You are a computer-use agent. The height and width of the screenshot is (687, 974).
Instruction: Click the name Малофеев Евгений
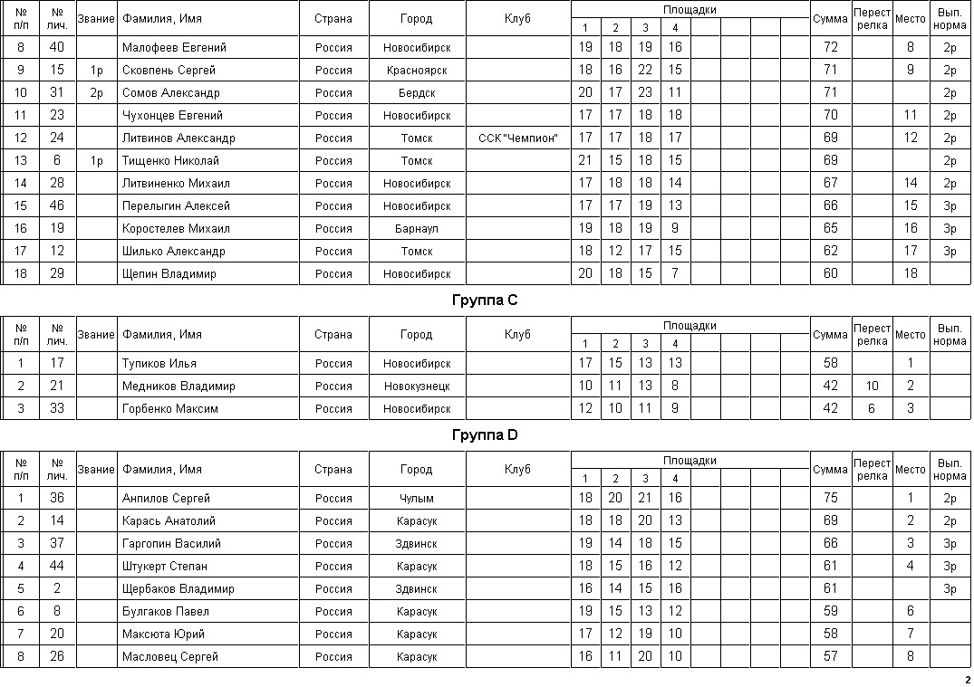[174, 47]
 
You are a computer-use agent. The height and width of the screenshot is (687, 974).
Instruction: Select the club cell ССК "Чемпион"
[517, 138]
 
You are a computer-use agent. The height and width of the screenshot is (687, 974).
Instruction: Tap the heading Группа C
[485, 300]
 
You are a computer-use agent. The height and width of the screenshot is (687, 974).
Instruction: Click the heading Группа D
[485, 435]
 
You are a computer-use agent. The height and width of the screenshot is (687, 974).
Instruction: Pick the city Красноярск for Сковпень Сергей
[417, 70]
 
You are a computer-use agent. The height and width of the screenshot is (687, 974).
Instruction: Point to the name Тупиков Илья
[159, 363]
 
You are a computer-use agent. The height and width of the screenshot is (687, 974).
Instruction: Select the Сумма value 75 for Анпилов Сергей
[830, 498]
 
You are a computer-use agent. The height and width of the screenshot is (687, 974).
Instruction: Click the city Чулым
[417, 498]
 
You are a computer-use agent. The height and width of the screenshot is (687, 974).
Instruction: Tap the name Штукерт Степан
[165, 566]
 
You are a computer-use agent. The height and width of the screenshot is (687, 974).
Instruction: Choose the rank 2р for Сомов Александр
[97, 92]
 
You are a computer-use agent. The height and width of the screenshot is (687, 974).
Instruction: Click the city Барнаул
[417, 229]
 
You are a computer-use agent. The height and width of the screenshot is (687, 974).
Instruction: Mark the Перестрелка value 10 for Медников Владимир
[872, 386]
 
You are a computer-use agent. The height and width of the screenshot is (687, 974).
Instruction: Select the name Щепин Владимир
[169, 273]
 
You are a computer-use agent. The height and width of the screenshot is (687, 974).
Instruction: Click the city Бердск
[417, 92]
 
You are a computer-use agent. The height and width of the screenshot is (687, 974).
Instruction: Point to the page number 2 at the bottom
[967, 680]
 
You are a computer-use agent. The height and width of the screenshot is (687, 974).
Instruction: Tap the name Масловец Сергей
[170, 656]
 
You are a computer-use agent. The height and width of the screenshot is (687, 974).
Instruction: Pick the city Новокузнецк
[417, 386]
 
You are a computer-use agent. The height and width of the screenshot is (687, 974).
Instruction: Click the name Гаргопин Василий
[171, 543]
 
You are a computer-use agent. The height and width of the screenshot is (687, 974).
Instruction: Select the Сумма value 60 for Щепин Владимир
[830, 273]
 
